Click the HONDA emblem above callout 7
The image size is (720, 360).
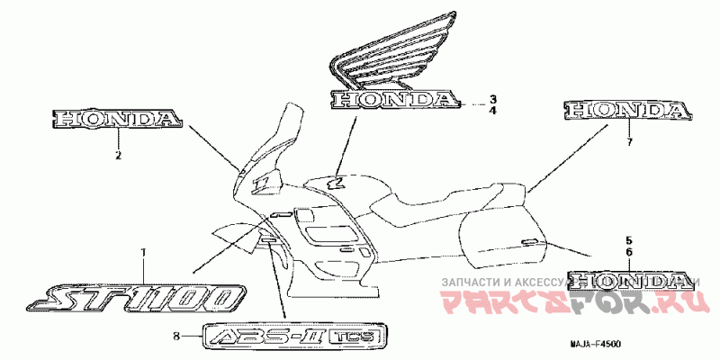coord(628,111)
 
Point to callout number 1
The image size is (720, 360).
coord(141,251)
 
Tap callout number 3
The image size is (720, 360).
coord(492,98)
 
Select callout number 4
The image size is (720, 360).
coord(492,111)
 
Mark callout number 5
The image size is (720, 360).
coord(629,240)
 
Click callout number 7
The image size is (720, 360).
coord(629,142)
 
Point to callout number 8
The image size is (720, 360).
coord(177,337)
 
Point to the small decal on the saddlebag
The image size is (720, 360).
coord(530,240)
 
